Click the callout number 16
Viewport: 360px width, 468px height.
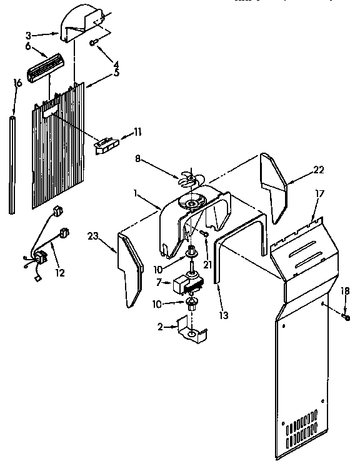click(17, 83)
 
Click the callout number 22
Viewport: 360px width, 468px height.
click(319, 170)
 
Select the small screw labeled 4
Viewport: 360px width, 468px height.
click(94, 43)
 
